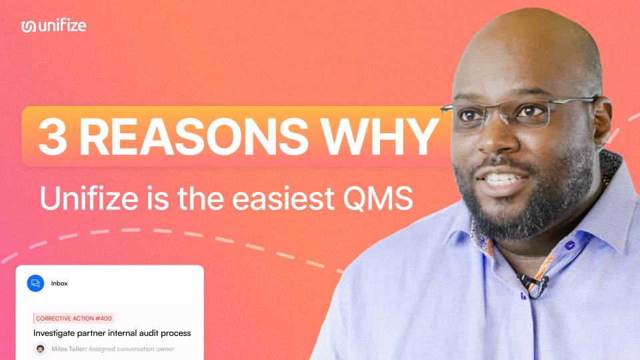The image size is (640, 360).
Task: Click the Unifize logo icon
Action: (29, 26)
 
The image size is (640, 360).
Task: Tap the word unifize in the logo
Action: (62, 26)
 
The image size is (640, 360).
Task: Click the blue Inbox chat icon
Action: (35, 283)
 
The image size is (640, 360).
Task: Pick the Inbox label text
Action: (59, 283)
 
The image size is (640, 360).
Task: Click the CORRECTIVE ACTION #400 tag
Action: (74, 319)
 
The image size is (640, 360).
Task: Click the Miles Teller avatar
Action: (41, 349)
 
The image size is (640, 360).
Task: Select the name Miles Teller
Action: (69, 349)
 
